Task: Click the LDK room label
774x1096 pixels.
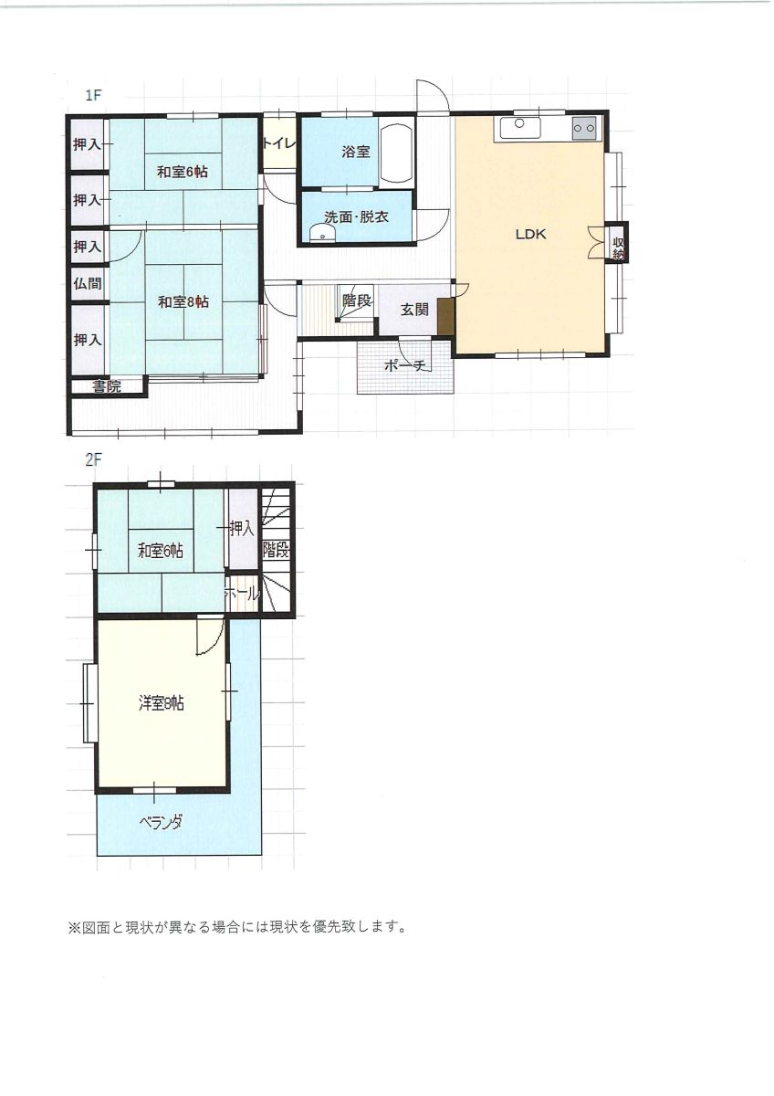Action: pos(530,235)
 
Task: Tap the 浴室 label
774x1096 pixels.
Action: pos(355,152)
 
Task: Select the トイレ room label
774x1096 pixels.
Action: pos(279,144)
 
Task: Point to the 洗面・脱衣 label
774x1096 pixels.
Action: pos(357,217)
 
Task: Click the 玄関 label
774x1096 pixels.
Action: pos(414,310)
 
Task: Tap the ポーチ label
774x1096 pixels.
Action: pos(407,365)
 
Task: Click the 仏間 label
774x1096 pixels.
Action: pos(88,283)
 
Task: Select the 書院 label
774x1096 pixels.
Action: pos(107,386)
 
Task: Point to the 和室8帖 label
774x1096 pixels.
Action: pos(183,302)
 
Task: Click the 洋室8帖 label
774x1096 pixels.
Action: pos(161,704)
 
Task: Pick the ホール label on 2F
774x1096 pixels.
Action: pos(242,595)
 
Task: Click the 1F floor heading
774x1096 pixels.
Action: pos(93,95)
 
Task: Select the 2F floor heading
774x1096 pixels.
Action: pos(93,461)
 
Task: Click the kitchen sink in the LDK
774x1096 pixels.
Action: pos(520,128)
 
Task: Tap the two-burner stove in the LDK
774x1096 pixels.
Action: pos(584,129)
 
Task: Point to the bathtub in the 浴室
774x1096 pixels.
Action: pos(396,153)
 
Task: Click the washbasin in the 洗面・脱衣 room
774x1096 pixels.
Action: pos(321,234)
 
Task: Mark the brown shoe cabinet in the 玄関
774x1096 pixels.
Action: pos(445,317)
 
